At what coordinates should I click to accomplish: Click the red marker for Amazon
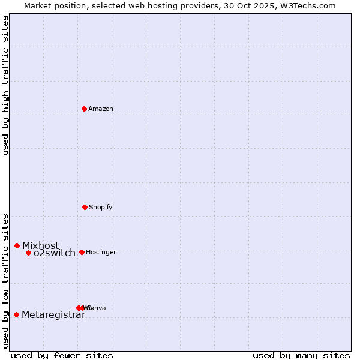[x=85, y=109]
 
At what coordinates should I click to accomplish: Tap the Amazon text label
[x=101, y=109]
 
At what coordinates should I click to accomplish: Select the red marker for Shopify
[x=85, y=207]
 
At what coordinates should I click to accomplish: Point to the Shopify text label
[x=101, y=208]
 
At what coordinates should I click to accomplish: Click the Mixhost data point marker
[x=17, y=245]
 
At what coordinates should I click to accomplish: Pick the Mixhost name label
[x=41, y=245]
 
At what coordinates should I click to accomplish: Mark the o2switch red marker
[x=28, y=253]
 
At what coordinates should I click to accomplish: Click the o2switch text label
[x=55, y=253]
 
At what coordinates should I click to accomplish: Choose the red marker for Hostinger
[x=82, y=252]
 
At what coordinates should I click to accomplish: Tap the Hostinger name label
[x=101, y=253]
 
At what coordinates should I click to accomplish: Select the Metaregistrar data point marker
[x=17, y=314]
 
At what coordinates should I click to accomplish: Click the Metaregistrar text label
[x=53, y=315]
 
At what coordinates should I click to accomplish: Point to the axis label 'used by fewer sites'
[x=62, y=355]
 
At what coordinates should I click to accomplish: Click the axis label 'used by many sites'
[x=301, y=355]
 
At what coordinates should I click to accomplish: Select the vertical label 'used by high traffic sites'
[x=6, y=85]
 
